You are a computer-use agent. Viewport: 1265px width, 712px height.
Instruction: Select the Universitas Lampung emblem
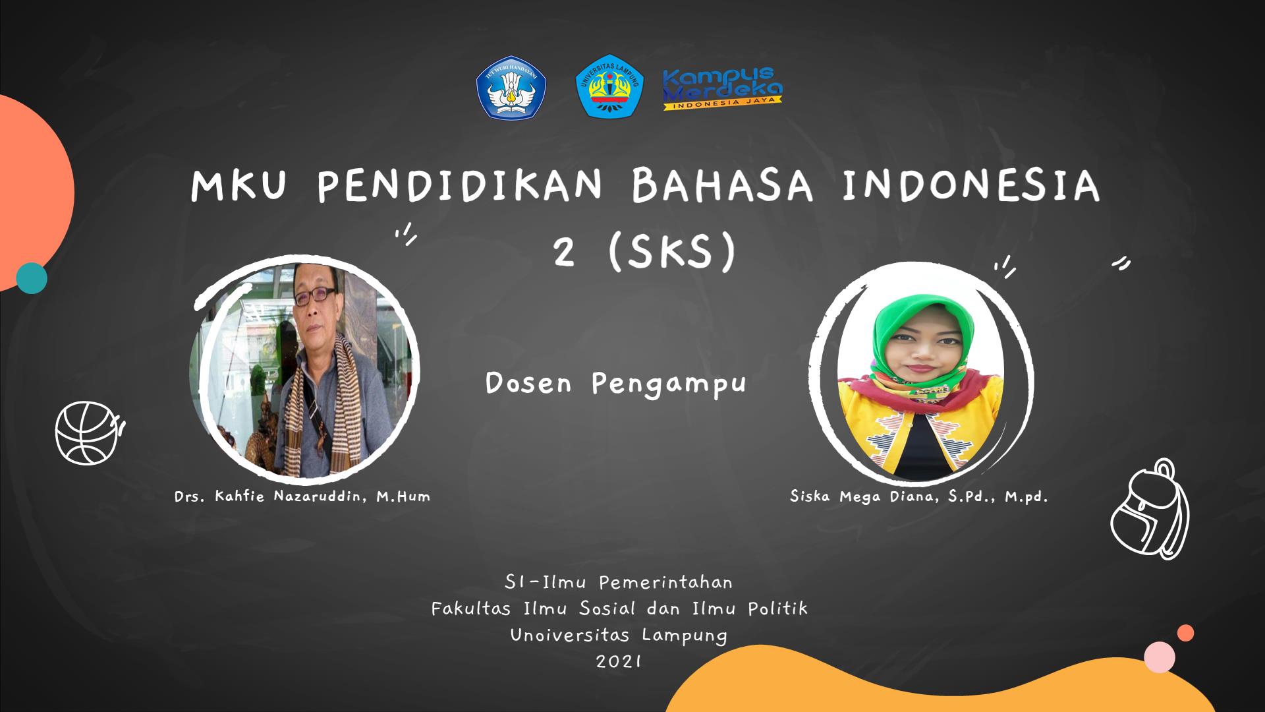point(609,86)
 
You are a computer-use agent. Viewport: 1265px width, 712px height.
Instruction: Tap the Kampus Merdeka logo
point(723,88)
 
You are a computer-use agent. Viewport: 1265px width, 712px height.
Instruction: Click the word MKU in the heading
point(239,187)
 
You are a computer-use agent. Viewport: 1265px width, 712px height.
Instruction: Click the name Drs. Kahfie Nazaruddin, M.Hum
point(302,496)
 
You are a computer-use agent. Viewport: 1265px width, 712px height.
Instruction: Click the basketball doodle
point(90,432)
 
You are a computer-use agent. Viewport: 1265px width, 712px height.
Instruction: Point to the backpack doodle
point(1150,509)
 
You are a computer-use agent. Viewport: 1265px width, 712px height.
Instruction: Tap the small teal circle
point(32,278)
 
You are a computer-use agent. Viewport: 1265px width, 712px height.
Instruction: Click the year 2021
point(619,661)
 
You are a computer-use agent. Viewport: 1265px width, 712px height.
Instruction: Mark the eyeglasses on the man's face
point(311,298)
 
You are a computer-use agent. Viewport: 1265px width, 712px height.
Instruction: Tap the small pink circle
point(1160,657)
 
